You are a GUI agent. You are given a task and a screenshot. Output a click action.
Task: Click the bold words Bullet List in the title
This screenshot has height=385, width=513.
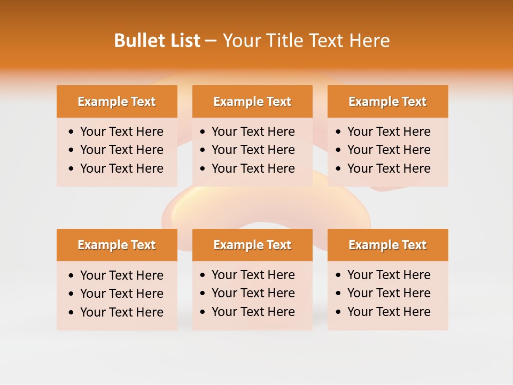pyautogui.click(x=157, y=41)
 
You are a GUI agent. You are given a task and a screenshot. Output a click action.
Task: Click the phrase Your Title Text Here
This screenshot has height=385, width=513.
pyautogui.click(x=306, y=41)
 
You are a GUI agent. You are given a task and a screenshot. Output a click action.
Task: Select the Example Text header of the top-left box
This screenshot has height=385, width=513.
pyautogui.click(x=116, y=102)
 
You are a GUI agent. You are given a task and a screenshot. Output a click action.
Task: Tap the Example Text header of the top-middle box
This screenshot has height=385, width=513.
pyautogui.click(x=252, y=102)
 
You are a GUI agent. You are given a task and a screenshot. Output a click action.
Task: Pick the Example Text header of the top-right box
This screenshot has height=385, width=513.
pyautogui.click(x=387, y=102)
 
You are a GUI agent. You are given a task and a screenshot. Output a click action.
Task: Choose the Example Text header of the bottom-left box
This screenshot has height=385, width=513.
pyautogui.click(x=116, y=245)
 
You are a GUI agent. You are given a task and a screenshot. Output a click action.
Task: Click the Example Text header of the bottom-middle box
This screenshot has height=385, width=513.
pyautogui.click(x=252, y=245)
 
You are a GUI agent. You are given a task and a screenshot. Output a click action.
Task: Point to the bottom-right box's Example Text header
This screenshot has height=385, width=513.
pyautogui.click(x=387, y=245)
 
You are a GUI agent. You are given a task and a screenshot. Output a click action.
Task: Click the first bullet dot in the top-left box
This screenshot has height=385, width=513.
pyautogui.click(x=72, y=132)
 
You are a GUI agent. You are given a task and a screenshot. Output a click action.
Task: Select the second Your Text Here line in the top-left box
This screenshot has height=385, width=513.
pyautogui.click(x=122, y=150)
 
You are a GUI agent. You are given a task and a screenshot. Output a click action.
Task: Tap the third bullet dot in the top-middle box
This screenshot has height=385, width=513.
pyautogui.click(x=203, y=169)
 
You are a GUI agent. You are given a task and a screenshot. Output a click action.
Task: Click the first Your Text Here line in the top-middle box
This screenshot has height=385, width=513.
pyautogui.click(x=253, y=132)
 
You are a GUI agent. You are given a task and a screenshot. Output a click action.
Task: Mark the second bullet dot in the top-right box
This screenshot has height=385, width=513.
pyautogui.click(x=339, y=150)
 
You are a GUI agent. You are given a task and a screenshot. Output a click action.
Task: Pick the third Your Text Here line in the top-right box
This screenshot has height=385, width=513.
pyautogui.click(x=389, y=168)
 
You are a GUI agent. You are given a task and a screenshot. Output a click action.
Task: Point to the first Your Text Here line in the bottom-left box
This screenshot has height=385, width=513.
pyautogui.click(x=122, y=275)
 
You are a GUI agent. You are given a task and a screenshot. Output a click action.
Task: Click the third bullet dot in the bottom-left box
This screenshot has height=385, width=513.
pyautogui.click(x=72, y=313)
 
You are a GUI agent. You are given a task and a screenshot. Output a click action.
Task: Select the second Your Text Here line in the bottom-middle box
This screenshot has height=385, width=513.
pyautogui.click(x=253, y=293)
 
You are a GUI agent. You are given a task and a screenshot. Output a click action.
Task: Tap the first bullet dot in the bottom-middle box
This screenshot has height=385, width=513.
pyautogui.click(x=203, y=275)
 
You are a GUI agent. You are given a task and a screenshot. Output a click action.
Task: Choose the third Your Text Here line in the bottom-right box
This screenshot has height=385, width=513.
pyautogui.click(x=389, y=312)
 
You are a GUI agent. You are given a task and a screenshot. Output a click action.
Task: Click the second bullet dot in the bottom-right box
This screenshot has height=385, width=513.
pyautogui.click(x=339, y=294)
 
